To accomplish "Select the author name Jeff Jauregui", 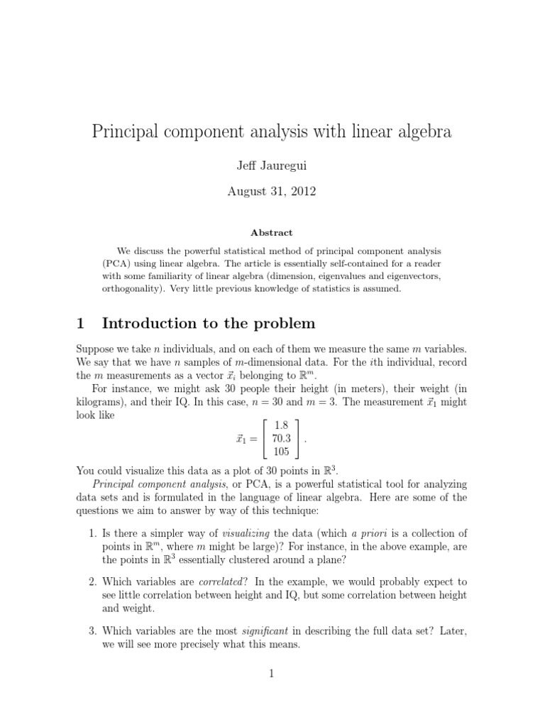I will pos(272,166).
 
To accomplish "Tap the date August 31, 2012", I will pos(272,192).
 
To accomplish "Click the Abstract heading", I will pos(272,233).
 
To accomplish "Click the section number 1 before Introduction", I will pos(80,324).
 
